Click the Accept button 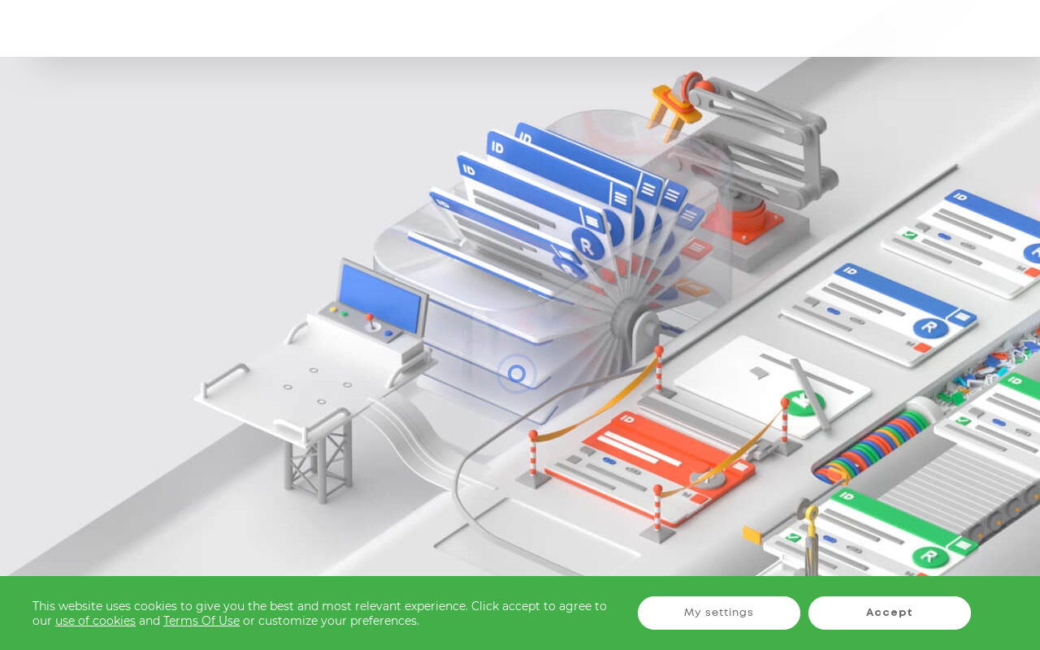889,613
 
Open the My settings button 718,613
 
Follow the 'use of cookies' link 95,621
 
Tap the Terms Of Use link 201,621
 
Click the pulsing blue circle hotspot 517,374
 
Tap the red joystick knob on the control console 369,318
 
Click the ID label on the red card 626,418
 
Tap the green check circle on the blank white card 802,402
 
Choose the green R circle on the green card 929,557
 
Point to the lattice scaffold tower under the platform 317,463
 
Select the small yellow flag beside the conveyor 752,535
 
